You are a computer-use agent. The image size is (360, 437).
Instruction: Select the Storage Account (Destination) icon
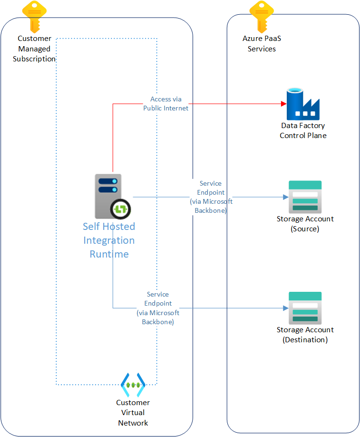[x=305, y=308]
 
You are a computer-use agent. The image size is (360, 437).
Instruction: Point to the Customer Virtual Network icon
[x=132, y=385]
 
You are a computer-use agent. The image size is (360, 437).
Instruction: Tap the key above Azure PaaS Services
[x=262, y=16]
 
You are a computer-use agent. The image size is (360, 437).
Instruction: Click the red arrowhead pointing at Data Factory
[x=283, y=104]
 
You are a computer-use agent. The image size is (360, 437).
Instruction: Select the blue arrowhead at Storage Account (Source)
[x=286, y=197]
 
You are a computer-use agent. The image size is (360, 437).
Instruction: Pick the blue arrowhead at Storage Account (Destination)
[x=286, y=308]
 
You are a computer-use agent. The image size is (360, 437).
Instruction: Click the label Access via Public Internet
[x=165, y=104]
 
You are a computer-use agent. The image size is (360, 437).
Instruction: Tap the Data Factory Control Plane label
[x=303, y=130]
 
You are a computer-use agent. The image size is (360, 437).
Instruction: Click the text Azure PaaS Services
[x=262, y=44]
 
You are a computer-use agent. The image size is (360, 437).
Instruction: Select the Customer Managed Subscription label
[x=34, y=49]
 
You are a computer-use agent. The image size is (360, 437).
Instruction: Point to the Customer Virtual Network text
[x=133, y=413]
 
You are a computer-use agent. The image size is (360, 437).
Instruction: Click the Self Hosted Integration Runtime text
[x=109, y=240]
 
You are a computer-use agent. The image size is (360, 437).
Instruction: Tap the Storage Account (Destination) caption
[x=305, y=335]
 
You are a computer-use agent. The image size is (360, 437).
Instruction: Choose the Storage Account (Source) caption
[x=305, y=224]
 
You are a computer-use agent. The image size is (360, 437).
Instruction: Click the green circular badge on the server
[x=121, y=208]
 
